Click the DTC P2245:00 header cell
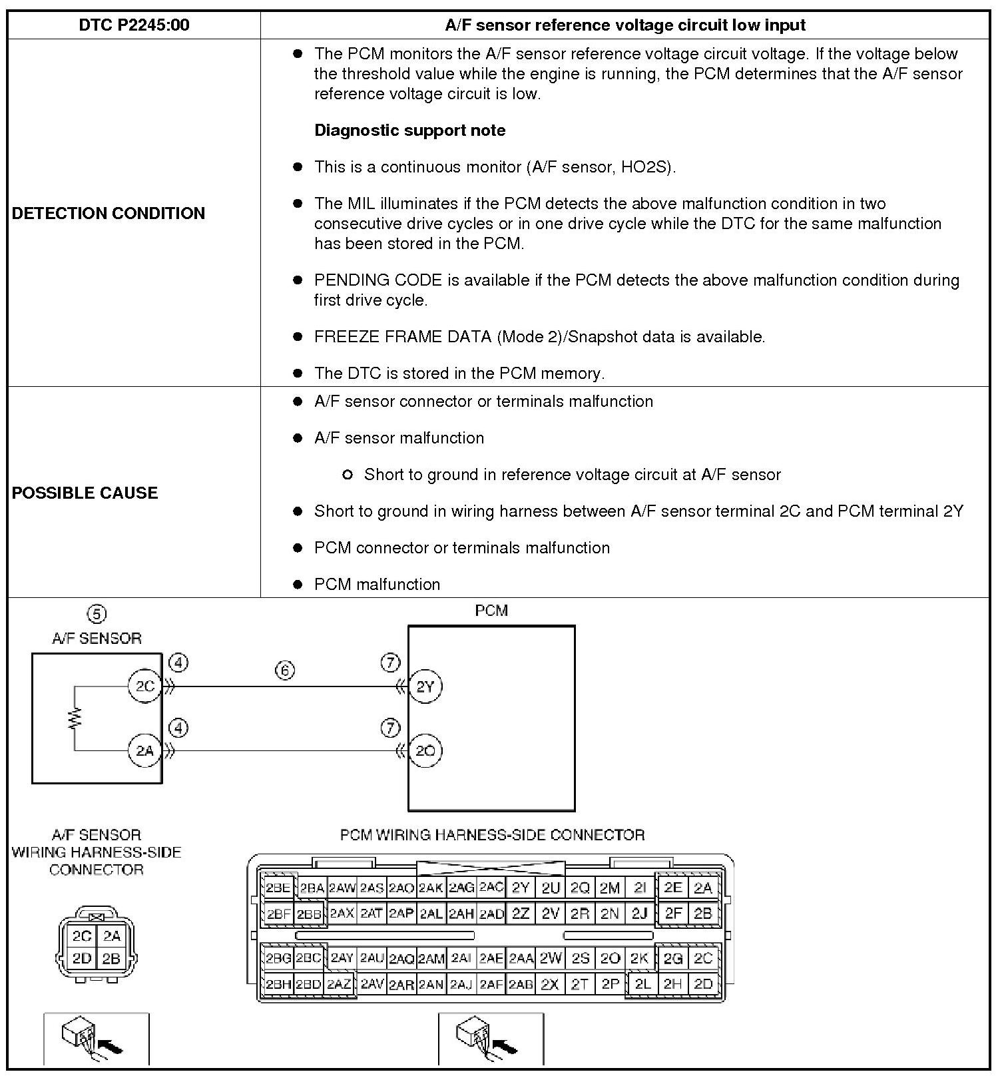pos(134,25)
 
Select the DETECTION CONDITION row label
pos(109,213)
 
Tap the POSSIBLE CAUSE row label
pos(85,493)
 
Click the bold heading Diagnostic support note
pos(409,131)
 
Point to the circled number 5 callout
pos(97,613)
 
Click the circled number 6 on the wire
pos(284,671)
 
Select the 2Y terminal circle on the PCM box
pos(425,686)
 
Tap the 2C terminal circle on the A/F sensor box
pos(145,686)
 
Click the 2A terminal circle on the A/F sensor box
pos(145,751)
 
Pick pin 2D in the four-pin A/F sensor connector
pos(82,959)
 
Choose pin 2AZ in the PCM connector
pos(340,983)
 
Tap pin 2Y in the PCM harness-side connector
pos(521,888)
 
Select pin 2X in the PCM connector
pos(550,984)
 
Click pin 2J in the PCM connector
pos(639,914)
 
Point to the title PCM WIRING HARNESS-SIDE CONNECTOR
pos(492,835)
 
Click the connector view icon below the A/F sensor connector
pos(96,1039)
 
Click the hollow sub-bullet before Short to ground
pos(347,475)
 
